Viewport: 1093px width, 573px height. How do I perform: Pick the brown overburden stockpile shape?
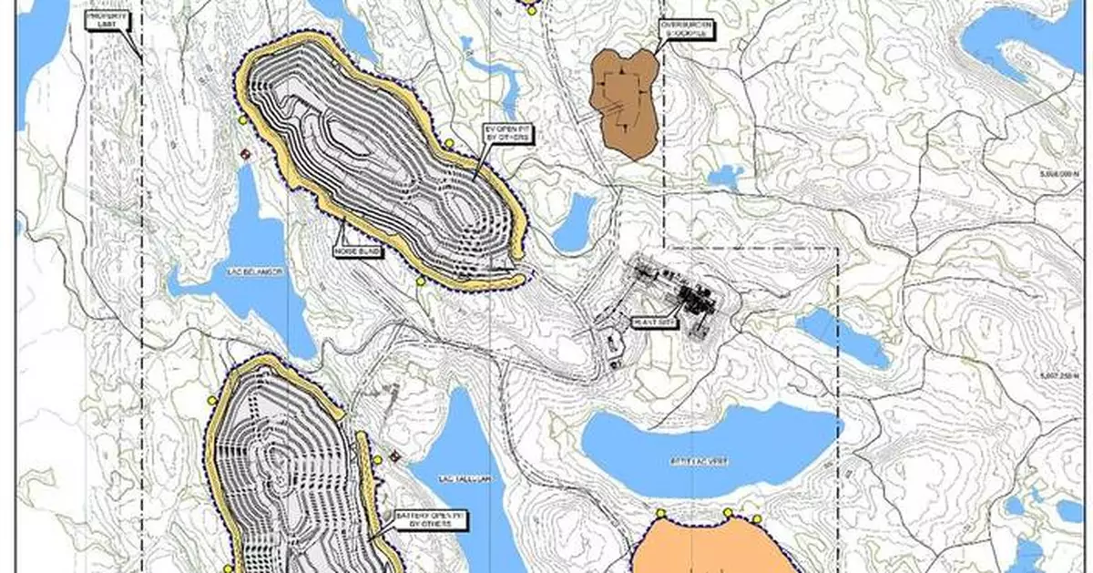coord(623,100)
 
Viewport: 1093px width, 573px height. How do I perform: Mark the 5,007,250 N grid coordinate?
coord(1062,374)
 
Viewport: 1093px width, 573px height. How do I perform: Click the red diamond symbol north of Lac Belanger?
coord(244,155)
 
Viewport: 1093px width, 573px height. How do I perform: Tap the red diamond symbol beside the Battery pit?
coord(394,455)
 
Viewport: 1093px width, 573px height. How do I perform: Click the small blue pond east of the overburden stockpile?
coord(726,176)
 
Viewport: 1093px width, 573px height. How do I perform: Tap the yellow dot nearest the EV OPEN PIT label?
coord(449,144)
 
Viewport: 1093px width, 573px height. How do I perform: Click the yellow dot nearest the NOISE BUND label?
coord(420,281)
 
